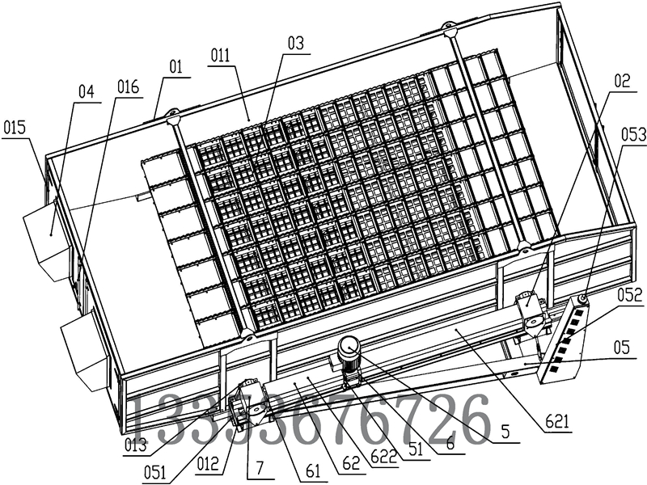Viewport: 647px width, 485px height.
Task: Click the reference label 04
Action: pyautogui.click(x=87, y=92)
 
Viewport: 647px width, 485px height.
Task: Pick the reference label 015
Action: pyautogui.click(x=15, y=128)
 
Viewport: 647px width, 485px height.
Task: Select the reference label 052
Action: pyautogui.click(x=632, y=297)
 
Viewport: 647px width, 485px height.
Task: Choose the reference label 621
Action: pyautogui.click(x=559, y=420)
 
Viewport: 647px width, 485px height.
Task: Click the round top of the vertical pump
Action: pyautogui.click(x=350, y=346)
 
